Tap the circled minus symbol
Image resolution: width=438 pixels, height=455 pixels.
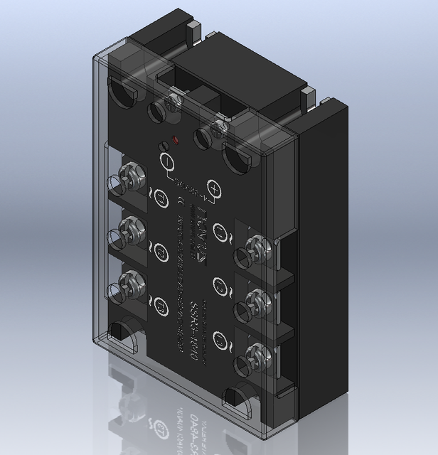pos(164,161)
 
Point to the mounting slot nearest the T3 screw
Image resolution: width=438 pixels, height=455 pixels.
pos(125,337)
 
